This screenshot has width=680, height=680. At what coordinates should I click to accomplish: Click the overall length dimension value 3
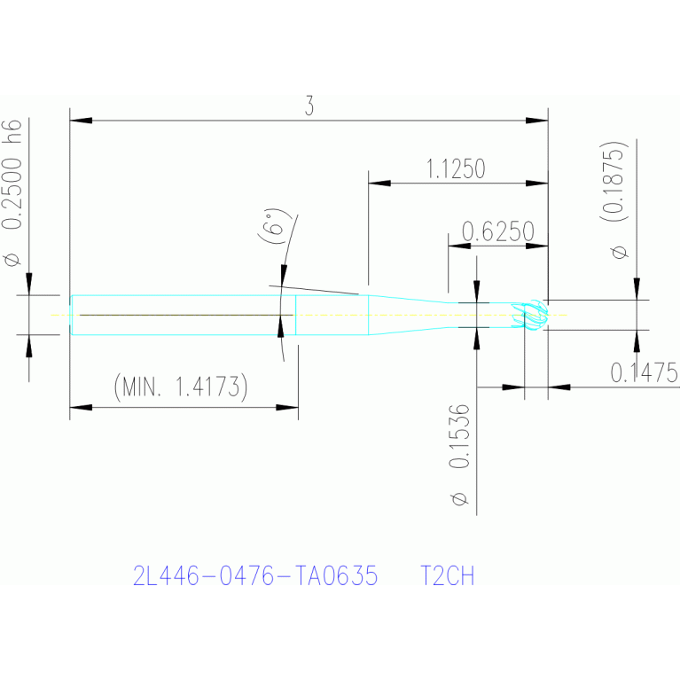pyautogui.click(x=309, y=106)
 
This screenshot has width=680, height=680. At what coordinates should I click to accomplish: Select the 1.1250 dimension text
pyautogui.click(x=456, y=169)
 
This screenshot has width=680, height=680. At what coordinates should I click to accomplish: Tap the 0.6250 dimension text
pyautogui.click(x=498, y=231)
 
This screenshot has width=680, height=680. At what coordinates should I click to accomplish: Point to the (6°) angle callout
pyautogui.click(x=273, y=226)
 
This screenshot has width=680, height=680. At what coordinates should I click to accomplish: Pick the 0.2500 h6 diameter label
pyautogui.click(x=12, y=175)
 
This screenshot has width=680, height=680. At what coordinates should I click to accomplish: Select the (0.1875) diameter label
pyautogui.click(x=614, y=181)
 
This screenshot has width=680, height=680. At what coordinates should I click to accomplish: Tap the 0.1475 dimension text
pyautogui.click(x=645, y=373)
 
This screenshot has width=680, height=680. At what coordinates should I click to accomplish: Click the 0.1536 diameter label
pyautogui.click(x=459, y=436)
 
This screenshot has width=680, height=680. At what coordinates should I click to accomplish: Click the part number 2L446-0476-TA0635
pyautogui.click(x=255, y=576)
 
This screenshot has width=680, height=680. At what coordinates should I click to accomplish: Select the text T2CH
pyautogui.click(x=447, y=576)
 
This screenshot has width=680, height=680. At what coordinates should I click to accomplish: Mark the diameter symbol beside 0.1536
pyautogui.click(x=460, y=499)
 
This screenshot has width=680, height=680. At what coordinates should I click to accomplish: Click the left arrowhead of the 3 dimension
pyautogui.click(x=81, y=120)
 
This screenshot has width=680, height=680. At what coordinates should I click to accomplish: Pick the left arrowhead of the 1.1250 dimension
pyautogui.click(x=379, y=183)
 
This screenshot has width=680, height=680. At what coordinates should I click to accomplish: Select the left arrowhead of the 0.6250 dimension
pyautogui.click(x=459, y=246)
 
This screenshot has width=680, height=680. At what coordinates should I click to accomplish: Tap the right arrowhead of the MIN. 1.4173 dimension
pyautogui.click(x=287, y=407)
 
